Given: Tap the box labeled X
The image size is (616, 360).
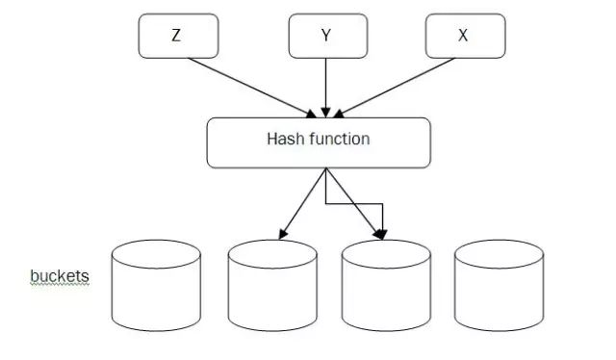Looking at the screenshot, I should pos(465,36).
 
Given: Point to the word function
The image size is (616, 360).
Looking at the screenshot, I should pos(339,139).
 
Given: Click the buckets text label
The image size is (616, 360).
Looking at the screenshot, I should pos(60,277).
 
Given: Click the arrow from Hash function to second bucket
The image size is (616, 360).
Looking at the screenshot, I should pos(303,203).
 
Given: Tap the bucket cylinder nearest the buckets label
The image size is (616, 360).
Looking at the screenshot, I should pos(155,286).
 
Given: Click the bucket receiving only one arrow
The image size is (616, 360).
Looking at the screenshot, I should pos(272,286).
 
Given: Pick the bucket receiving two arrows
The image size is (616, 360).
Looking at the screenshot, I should pos(387,286).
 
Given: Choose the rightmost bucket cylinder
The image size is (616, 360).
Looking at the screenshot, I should pos(499,286).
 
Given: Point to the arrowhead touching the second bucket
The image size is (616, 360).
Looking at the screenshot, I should pos(281,234).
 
